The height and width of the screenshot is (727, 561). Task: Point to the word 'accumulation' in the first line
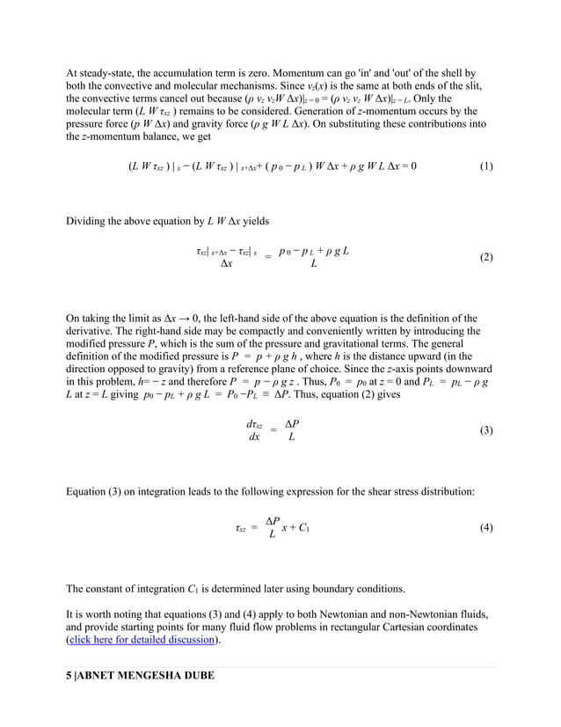[x=169, y=73]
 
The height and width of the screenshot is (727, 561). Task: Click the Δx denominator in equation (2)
[x=226, y=264]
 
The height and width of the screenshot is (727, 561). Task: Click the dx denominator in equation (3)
[x=253, y=437]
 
